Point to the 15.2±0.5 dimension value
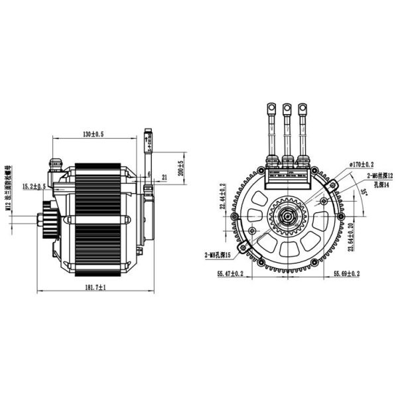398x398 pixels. pos(34,186)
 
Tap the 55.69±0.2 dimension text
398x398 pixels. pos(346,273)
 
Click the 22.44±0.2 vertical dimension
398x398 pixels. pos(222,197)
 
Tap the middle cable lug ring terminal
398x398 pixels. pos(287,108)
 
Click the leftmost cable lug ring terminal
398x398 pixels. pos(271,108)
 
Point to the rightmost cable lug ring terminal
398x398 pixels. pos(303,108)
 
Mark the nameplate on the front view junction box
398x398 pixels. pos(287,174)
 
